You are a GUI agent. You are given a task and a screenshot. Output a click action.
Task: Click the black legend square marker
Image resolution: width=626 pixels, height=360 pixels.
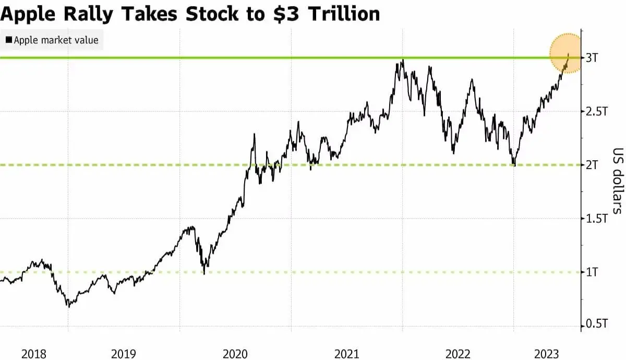point(8,40)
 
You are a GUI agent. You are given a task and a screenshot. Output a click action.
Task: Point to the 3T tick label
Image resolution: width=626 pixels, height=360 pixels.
point(592,57)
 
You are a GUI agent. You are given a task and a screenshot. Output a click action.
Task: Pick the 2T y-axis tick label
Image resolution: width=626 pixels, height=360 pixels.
point(592,165)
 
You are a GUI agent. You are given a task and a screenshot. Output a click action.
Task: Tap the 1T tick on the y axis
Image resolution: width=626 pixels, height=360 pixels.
point(592,272)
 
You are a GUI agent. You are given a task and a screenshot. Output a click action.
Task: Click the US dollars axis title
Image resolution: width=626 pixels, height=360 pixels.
point(617,181)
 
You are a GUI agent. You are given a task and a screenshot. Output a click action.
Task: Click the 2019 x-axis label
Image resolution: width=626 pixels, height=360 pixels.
point(124,354)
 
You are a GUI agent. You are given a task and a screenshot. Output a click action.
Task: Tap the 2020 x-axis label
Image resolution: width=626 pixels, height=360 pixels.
point(235,354)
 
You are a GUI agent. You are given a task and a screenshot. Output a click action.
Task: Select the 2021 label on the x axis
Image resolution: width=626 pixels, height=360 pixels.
point(347,354)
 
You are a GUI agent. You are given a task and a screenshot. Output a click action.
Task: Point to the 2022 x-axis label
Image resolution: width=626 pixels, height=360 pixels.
point(458,354)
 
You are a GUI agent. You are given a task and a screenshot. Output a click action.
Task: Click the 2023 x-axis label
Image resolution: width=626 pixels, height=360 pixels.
point(547,354)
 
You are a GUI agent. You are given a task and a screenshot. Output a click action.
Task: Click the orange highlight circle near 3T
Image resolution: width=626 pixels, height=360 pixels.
point(568,53)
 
